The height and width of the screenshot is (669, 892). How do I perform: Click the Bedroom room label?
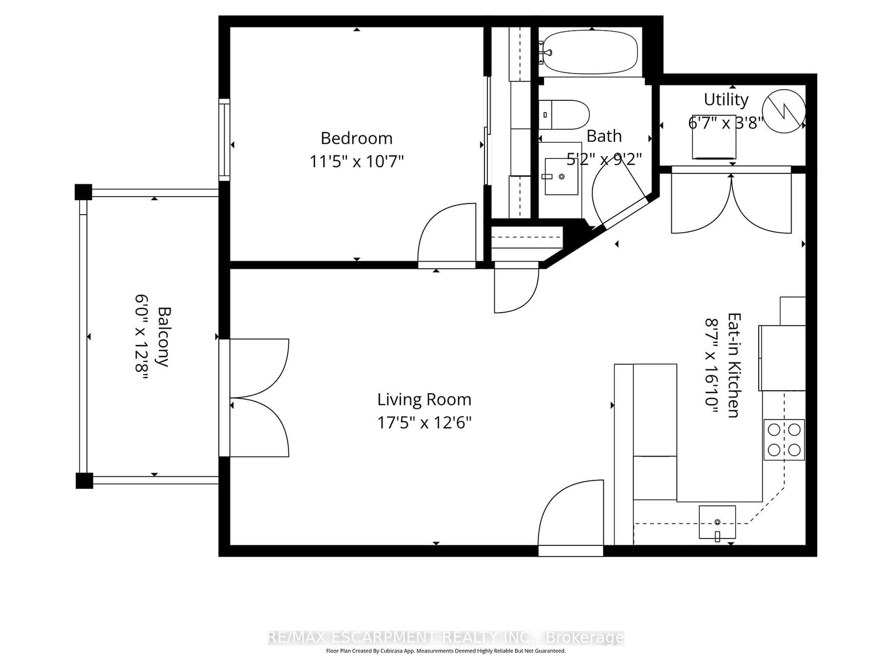coord(356,138)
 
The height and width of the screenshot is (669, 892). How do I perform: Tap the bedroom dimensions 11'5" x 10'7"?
coord(356,162)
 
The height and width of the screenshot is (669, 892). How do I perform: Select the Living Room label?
coord(424,399)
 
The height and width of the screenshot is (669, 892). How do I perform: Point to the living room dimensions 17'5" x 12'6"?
coord(424,423)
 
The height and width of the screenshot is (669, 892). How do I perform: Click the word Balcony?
coord(163,337)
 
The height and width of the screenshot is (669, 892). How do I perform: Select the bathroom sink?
coord(561,176)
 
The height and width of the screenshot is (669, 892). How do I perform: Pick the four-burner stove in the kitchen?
coord(784,439)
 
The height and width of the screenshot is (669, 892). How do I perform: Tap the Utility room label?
coord(725,99)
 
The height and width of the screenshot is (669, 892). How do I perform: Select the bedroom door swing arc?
coord(446,231)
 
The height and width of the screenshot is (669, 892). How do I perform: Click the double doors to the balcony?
coord(259,398)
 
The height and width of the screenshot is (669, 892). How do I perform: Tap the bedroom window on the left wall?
coord(224,139)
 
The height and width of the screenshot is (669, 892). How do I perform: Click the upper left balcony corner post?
coord(83,192)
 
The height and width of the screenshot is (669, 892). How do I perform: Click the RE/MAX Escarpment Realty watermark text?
coord(445,638)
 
